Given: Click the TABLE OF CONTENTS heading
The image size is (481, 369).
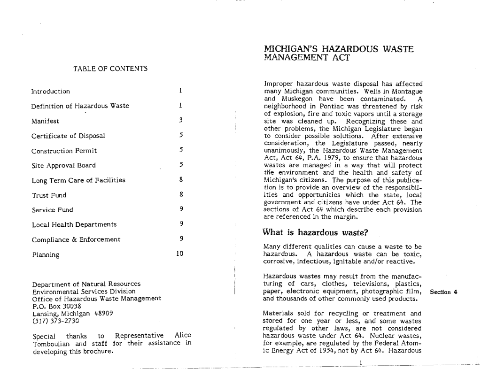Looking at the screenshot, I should pyautogui.click(x=110, y=69).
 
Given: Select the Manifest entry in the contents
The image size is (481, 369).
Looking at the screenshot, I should pyautogui.click(x=45, y=121).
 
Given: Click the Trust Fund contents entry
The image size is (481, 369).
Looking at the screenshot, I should pyautogui.click(x=49, y=195).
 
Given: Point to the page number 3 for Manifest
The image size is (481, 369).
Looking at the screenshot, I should pyautogui.click(x=180, y=121).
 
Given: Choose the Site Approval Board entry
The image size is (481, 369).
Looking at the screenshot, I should pyautogui.click(x=63, y=165).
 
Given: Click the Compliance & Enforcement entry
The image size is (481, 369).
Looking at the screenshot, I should pyautogui.click(x=76, y=239).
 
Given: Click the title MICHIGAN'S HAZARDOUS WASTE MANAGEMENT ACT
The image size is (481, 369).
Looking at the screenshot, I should pyautogui.click(x=338, y=53).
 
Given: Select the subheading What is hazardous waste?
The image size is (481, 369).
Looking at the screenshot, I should pyautogui.click(x=315, y=233).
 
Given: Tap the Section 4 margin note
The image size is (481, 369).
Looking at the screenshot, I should pyautogui.click(x=443, y=292).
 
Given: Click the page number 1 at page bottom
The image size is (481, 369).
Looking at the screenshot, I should pyautogui.click(x=360, y=363).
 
